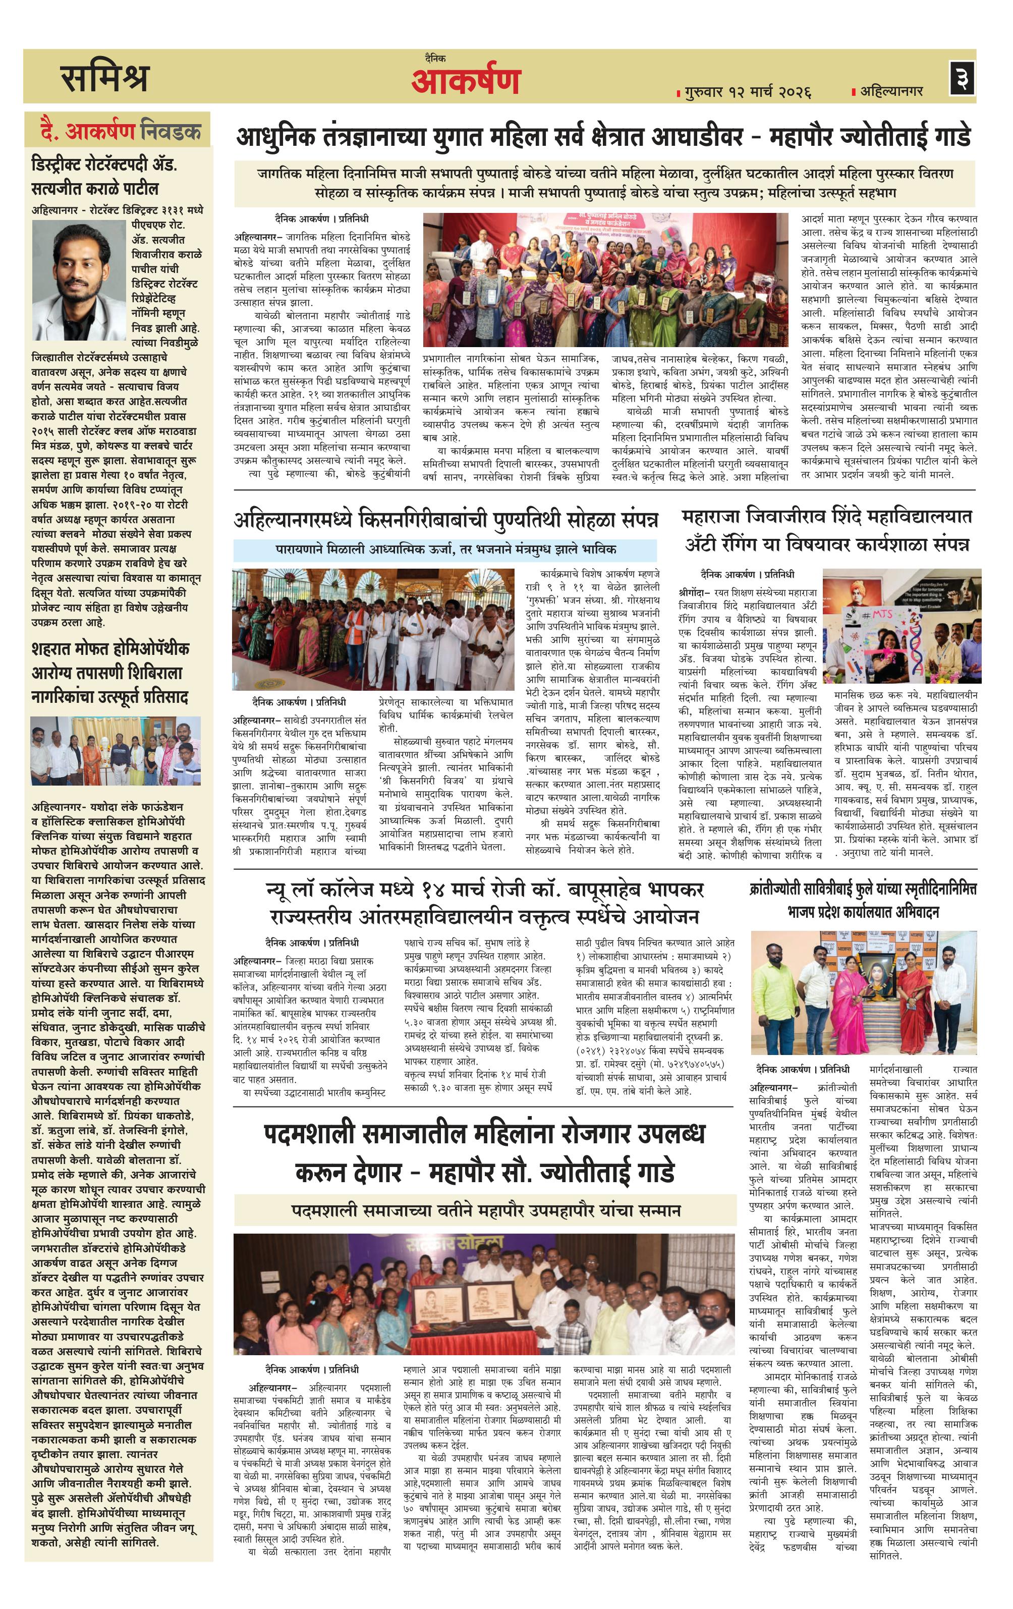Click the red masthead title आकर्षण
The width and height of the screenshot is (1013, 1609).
[466, 82]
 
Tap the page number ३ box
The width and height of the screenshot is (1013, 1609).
[962, 78]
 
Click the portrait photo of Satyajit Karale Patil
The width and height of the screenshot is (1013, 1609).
[79, 280]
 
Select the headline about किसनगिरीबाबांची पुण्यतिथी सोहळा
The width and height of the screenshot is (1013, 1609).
[445, 519]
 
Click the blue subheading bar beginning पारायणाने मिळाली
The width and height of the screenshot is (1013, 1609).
[445, 549]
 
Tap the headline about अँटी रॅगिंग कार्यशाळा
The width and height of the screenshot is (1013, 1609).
[826, 530]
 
